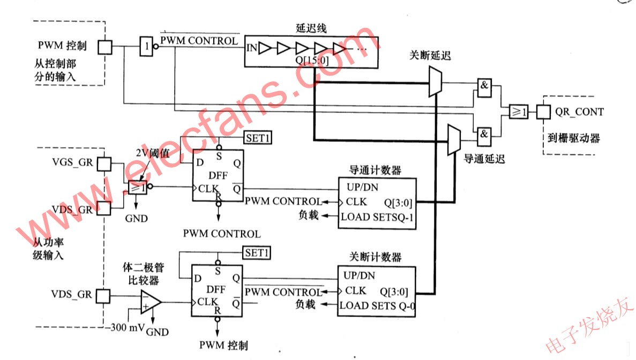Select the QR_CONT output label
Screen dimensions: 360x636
click(x=579, y=112)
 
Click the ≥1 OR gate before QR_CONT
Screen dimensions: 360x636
click(x=518, y=111)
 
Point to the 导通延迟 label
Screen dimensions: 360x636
click(x=482, y=159)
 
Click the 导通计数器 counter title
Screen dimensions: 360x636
click(x=376, y=171)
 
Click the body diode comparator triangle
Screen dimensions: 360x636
click(x=151, y=302)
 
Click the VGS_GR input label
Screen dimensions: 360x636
click(x=72, y=162)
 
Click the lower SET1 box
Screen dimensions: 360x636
click(x=258, y=252)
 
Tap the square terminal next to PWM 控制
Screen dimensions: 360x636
click(x=106, y=47)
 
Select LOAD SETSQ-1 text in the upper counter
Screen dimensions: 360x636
click(x=378, y=216)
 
